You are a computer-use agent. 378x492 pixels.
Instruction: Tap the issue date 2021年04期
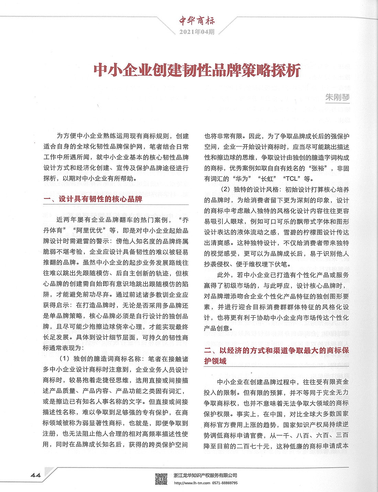point(197,32)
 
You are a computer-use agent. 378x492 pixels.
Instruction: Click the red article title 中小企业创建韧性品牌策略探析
point(197,70)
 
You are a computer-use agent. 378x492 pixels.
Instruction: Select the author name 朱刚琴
point(337,97)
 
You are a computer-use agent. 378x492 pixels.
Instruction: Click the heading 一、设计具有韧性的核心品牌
point(93,199)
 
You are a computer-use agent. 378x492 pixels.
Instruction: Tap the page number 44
point(35,475)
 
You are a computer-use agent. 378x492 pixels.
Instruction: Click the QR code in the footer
point(161,479)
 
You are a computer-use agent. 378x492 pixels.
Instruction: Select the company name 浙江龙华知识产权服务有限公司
point(205,475)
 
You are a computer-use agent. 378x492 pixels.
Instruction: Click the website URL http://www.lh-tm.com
point(192,483)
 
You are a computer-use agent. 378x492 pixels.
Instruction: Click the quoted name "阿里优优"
point(88,231)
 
